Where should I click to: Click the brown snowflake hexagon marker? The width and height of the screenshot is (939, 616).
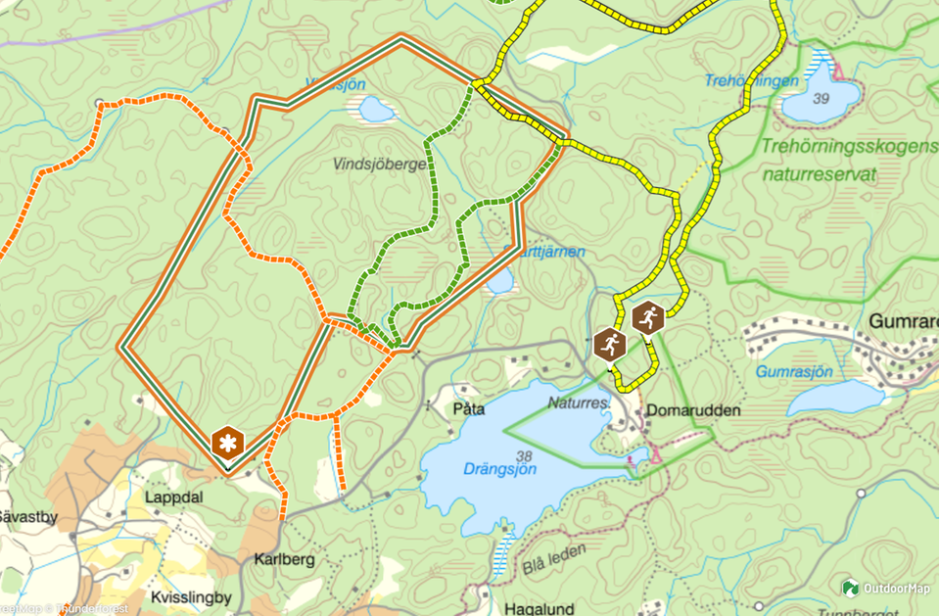click(x=227, y=444)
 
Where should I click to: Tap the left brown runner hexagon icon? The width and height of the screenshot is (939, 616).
click(x=609, y=345)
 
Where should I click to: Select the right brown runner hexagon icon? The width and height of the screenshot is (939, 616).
click(x=647, y=318)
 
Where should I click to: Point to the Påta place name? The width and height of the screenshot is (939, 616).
click(x=470, y=407)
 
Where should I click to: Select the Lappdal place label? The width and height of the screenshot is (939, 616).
click(x=173, y=498)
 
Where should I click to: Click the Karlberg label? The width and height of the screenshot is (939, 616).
click(x=284, y=560)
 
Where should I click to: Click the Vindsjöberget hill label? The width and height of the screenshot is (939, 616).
click(x=380, y=165)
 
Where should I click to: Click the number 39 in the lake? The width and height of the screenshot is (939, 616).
click(x=820, y=98)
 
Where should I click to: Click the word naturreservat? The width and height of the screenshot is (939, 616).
click(x=819, y=176)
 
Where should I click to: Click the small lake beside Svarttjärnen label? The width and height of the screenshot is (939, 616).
click(x=499, y=282)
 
